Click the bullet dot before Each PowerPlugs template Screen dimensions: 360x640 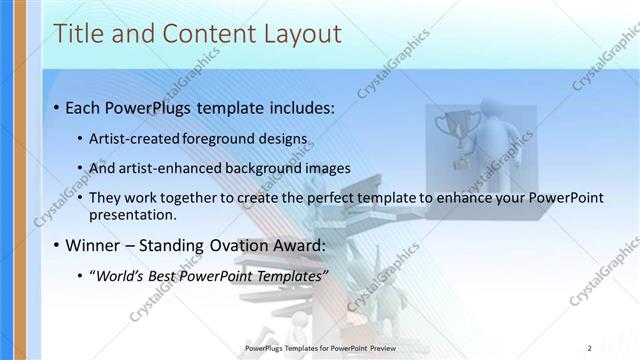click(x=57, y=107)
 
